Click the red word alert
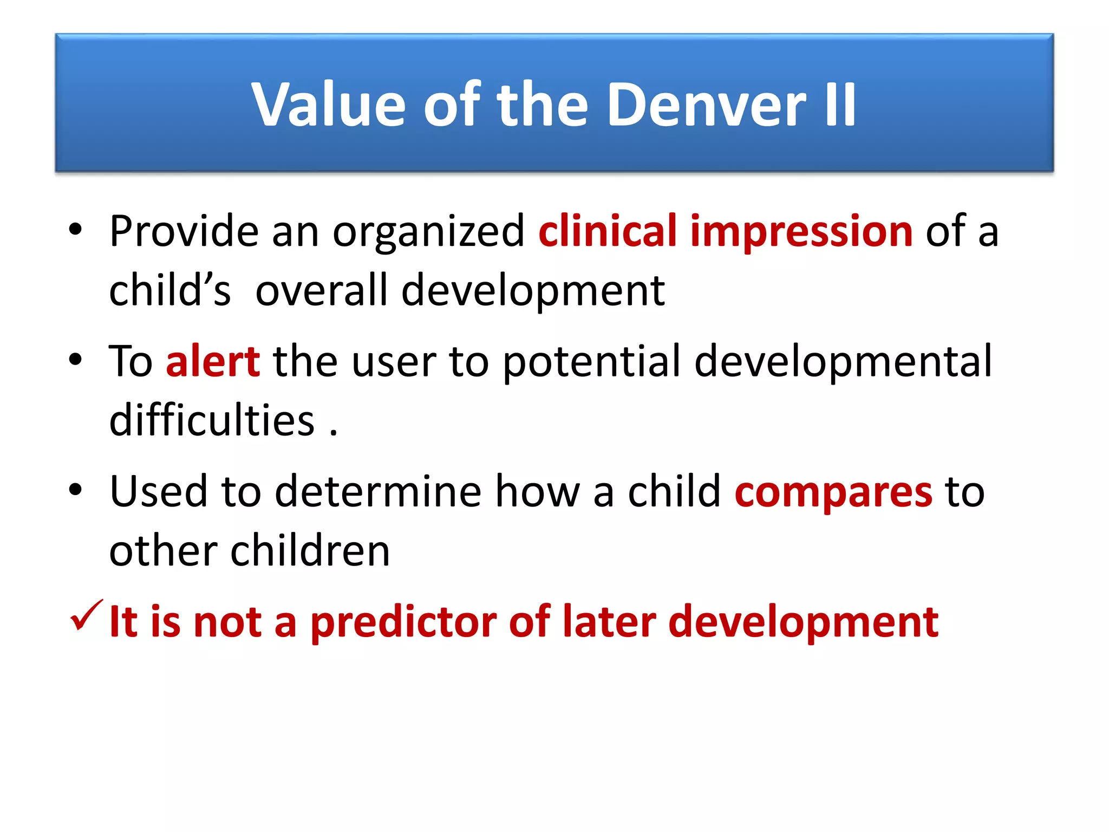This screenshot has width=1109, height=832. pyautogui.click(x=212, y=361)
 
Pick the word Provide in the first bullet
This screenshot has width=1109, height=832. pyautogui.click(x=184, y=232)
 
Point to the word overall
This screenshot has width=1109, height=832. pyautogui.click(x=322, y=291)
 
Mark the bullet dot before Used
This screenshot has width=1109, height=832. pyautogui.click(x=75, y=490)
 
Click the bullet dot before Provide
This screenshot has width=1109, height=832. pyautogui.click(x=75, y=230)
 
